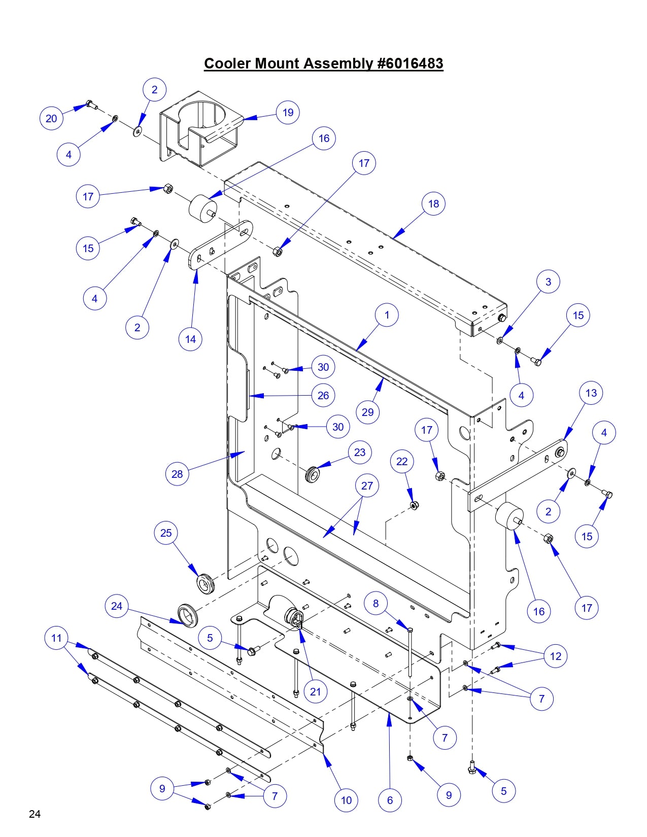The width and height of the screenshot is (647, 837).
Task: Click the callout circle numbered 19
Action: tap(288, 113)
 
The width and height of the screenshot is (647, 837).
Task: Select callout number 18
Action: tap(433, 203)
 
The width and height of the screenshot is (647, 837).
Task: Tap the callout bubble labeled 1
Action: tap(387, 315)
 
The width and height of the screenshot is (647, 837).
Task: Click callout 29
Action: tap(368, 412)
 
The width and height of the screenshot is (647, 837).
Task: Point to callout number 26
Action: tap(323, 395)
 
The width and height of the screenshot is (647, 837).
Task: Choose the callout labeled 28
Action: tap(177, 474)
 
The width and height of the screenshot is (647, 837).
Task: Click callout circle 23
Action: tap(360, 452)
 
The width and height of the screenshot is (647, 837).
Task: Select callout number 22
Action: tap(402, 461)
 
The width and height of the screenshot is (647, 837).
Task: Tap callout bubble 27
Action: tap(367, 485)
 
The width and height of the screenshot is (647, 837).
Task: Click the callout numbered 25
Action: tap(166, 533)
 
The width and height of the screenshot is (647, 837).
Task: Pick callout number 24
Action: tap(117, 606)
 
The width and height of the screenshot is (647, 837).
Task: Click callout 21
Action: tap(316, 691)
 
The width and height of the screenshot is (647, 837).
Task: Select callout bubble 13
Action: tap(591, 393)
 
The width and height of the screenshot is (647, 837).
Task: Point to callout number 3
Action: tap(548, 282)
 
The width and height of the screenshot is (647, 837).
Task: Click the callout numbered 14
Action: tap(190, 339)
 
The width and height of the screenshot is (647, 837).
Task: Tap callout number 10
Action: tap(346, 800)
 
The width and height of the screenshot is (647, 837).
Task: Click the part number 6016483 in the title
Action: tap(410, 64)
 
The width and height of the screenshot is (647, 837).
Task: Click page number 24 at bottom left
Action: tap(35, 814)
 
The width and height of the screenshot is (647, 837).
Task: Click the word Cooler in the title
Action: tap(227, 64)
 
